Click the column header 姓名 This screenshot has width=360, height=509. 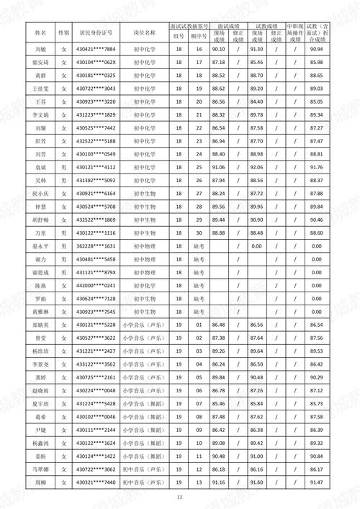click(40, 33)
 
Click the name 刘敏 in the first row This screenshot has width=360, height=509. click(40, 49)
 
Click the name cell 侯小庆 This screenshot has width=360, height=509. click(40, 193)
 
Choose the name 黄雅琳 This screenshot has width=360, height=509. click(40, 311)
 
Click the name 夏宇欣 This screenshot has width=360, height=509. click(40, 403)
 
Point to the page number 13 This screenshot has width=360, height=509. click(180, 497)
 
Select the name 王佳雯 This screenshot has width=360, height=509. click(40, 89)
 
